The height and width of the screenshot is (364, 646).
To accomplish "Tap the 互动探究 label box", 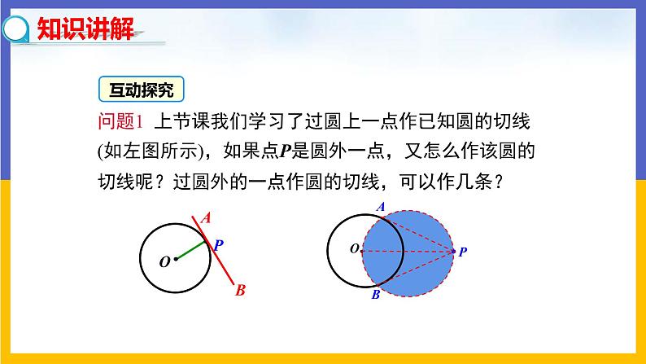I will (141, 88).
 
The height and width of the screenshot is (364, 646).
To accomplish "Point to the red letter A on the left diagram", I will (206, 217).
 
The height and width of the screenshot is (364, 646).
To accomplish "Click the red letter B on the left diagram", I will (240, 288).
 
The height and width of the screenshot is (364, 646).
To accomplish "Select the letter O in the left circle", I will (164, 261).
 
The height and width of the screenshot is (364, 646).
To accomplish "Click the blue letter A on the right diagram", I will (380, 207).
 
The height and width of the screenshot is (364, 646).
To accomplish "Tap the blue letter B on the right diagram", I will (375, 295).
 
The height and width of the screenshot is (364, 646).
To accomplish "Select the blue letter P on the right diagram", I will (462, 252).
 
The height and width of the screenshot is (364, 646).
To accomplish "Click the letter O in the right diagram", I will (354, 249).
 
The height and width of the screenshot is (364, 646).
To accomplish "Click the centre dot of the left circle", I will (175, 260).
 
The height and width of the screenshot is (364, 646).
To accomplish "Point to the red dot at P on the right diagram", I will (453, 252).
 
